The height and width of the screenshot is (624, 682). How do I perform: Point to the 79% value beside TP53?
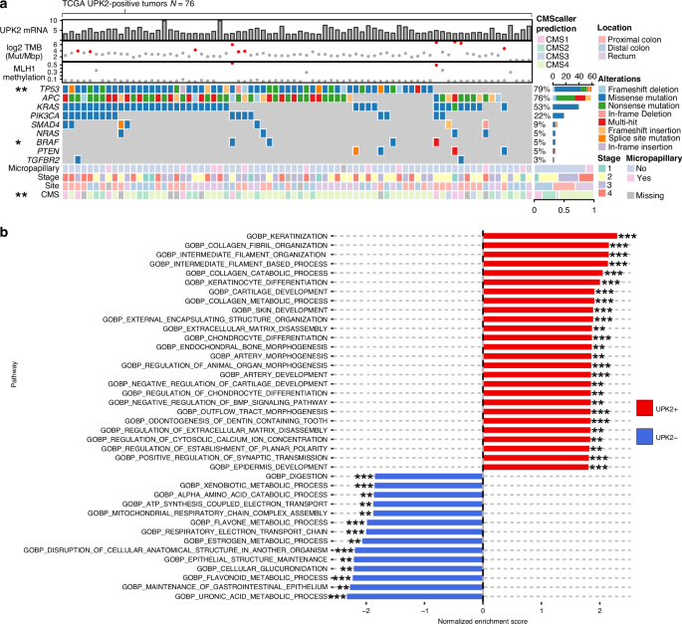[541, 90]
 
